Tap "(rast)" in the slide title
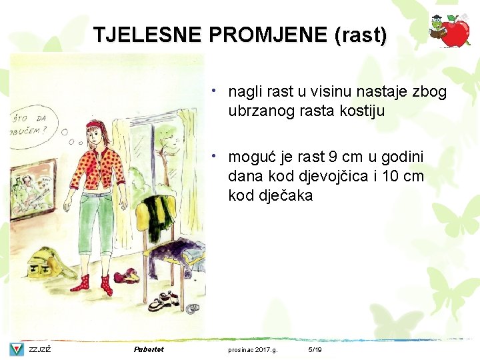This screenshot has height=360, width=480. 361,35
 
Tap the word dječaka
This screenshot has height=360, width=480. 283,196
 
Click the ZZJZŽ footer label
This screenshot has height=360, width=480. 40,349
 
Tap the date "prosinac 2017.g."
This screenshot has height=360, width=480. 253,349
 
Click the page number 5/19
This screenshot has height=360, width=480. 315,349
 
